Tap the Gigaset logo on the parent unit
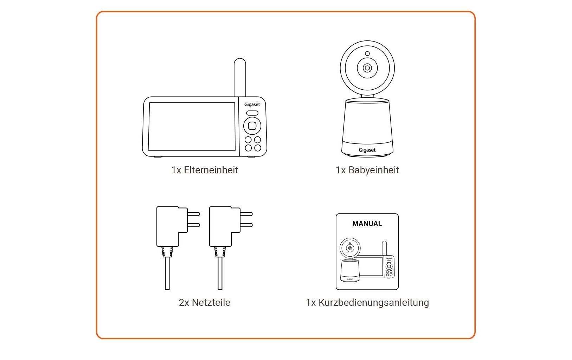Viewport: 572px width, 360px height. point(252,104)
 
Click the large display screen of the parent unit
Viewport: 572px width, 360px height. point(192,126)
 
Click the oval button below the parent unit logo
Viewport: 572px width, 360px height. point(252,113)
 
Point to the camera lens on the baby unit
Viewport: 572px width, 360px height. point(367,68)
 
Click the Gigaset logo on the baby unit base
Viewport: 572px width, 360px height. point(367,150)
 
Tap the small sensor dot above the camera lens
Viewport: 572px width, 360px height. point(367,54)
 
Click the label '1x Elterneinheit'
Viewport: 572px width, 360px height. point(205,170)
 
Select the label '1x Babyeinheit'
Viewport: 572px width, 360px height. point(367,170)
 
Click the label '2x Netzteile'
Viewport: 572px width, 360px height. point(205,303)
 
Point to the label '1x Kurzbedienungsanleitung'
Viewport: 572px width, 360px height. point(367,303)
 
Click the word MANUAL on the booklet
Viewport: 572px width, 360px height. point(367,224)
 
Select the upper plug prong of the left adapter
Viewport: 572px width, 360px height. point(194,214)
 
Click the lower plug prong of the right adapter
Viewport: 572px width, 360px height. point(246,225)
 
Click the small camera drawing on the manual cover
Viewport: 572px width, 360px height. point(350,260)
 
